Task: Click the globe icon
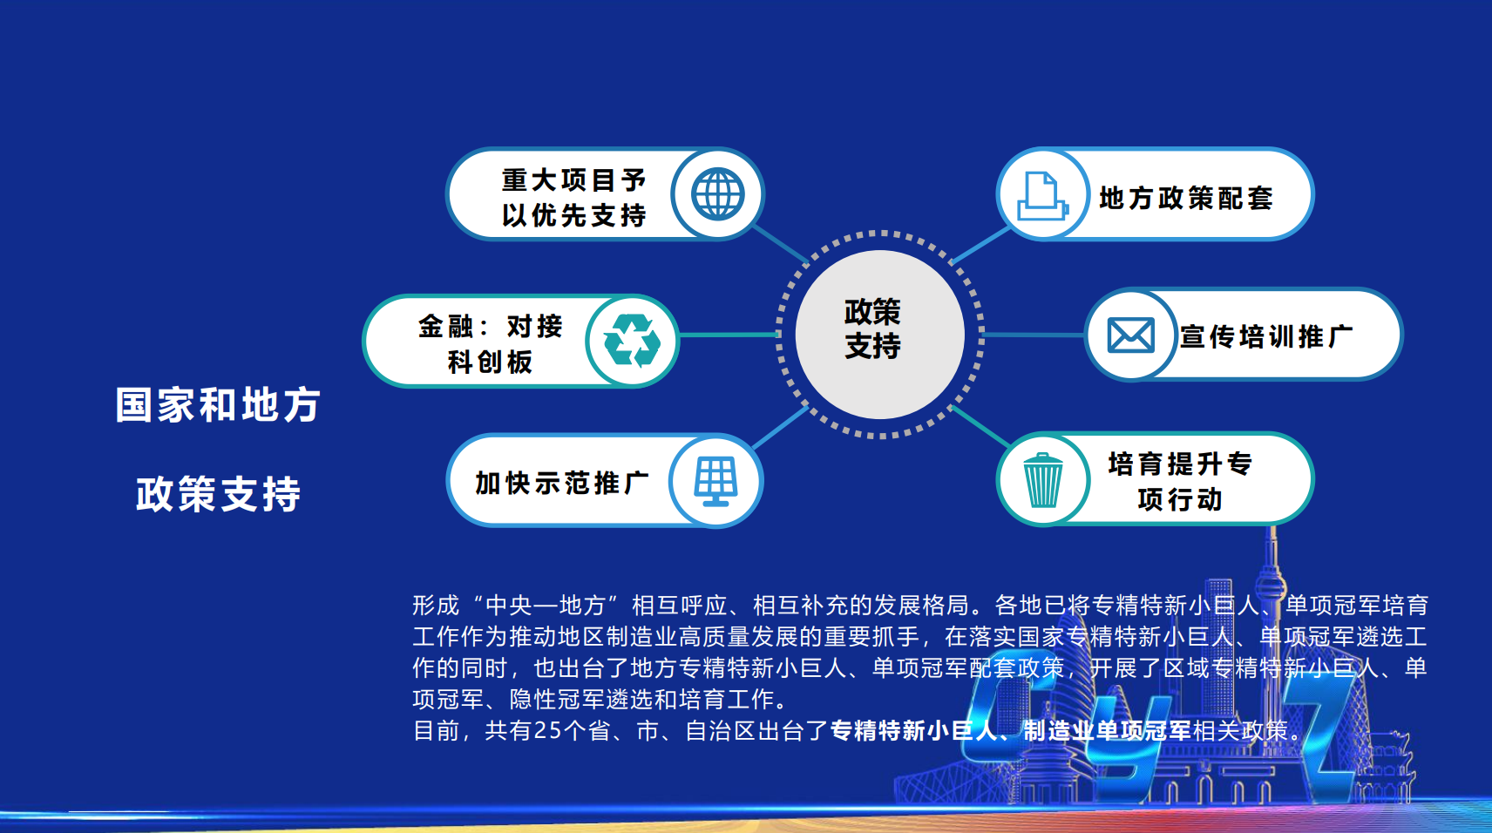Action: (717, 194)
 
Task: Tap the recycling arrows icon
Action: (632, 341)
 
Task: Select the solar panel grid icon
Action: (716, 481)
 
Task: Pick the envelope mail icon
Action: (1130, 335)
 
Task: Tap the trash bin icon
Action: (1042, 480)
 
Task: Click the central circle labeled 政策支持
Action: (880, 335)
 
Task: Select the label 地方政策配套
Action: (1185, 198)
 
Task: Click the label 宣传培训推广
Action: (1266, 336)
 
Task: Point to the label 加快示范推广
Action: (562, 483)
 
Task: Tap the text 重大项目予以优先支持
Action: (574, 198)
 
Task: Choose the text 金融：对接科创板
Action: (491, 344)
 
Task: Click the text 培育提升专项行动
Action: (1180, 482)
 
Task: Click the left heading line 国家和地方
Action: (219, 405)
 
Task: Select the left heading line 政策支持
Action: (219, 494)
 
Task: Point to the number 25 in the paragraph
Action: (547, 731)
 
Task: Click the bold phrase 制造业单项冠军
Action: (1107, 731)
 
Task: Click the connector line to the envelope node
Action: (1033, 335)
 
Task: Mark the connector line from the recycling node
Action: (729, 335)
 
